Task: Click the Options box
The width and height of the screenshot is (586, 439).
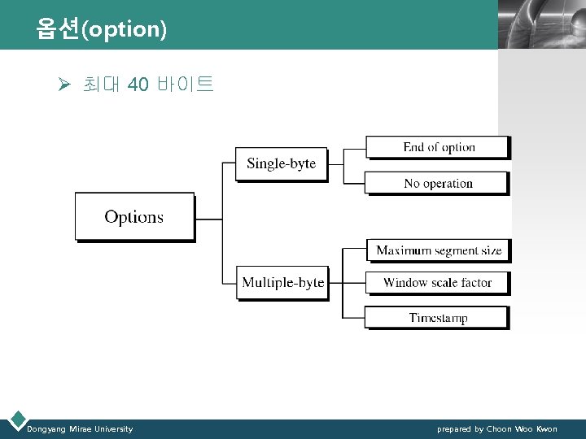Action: [134, 216]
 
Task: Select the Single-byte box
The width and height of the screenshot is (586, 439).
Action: [281, 163]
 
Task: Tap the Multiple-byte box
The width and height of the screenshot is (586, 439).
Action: [282, 282]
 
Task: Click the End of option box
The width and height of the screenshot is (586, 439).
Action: [438, 147]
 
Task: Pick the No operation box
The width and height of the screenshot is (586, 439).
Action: [438, 183]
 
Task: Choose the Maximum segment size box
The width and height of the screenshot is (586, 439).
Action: [438, 250]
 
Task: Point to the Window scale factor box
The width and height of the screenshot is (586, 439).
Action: [437, 282]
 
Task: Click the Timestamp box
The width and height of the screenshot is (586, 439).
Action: [437, 317]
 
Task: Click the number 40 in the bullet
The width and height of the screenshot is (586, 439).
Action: [138, 84]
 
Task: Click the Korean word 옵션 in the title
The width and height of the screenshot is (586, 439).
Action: [58, 29]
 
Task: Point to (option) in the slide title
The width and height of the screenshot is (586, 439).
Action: [124, 30]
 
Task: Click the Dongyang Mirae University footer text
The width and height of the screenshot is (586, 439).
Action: [80, 428]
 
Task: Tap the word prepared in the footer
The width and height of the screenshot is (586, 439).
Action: [454, 428]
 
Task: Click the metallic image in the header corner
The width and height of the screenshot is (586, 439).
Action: [541, 24]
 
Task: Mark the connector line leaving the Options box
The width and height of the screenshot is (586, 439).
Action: [208, 219]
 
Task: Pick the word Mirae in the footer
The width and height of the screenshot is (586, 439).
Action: [81, 428]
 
